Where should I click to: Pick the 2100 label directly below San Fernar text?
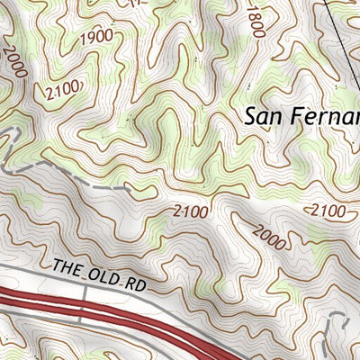(x=326, y=211)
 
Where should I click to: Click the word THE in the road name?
(x=68, y=266)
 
